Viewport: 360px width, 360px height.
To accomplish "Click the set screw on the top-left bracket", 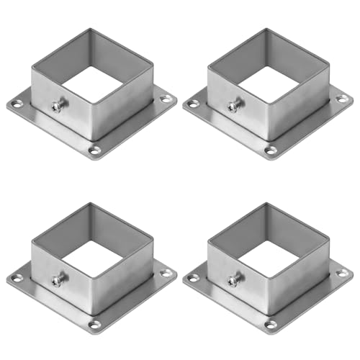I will coord(56,107).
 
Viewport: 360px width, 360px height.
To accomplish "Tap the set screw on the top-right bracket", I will coord(233,107).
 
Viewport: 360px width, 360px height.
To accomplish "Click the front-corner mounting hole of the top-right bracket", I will coord(272,150).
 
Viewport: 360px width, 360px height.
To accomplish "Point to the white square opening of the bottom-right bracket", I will coord(271,256).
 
